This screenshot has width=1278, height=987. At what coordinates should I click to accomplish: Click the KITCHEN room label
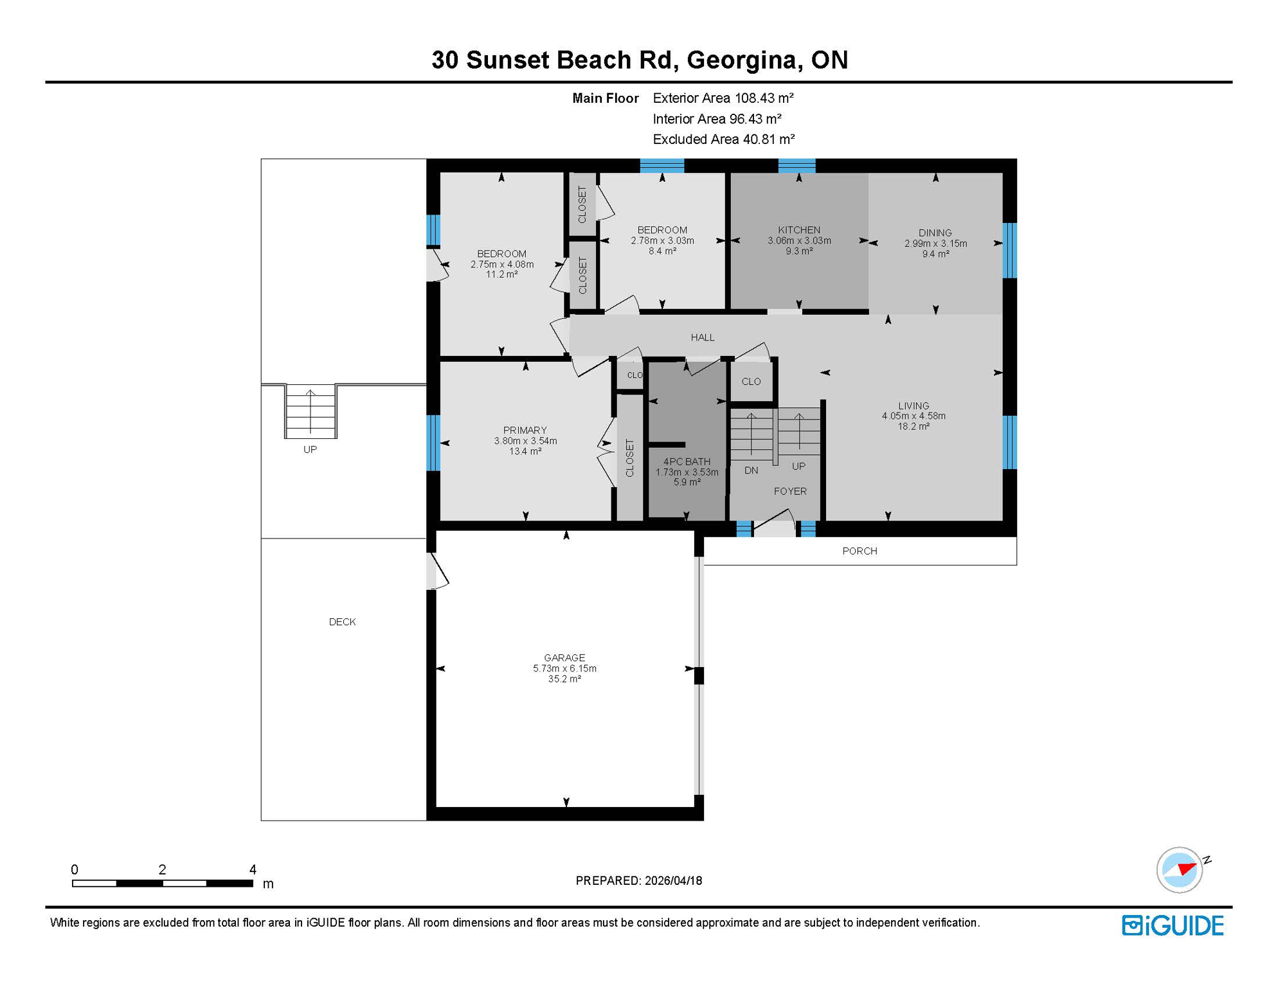point(798,230)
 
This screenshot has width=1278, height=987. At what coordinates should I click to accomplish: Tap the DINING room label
point(935,233)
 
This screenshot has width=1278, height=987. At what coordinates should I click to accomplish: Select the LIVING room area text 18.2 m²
point(913,426)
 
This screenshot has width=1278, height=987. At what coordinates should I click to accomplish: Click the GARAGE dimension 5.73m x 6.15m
point(564,668)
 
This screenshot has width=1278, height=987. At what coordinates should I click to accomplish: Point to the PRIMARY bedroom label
point(525,430)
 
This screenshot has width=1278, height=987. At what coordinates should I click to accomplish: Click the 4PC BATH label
point(687,461)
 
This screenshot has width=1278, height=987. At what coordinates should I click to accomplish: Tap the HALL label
point(702,337)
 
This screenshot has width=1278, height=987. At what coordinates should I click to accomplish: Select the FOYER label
point(789,491)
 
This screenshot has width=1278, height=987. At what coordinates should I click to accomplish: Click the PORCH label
point(859,551)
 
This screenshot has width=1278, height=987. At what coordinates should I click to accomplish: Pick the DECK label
point(342,621)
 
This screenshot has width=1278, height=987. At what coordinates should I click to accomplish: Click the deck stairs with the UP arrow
point(310,411)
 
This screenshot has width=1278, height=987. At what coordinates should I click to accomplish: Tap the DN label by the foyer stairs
point(751,470)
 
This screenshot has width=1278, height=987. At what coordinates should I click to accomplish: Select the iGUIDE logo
point(1173,925)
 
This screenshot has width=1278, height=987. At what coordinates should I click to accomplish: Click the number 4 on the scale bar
point(253,869)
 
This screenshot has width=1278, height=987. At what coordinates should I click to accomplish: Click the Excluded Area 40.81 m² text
point(723,139)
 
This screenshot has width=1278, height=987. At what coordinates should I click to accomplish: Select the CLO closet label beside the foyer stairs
point(750,381)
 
